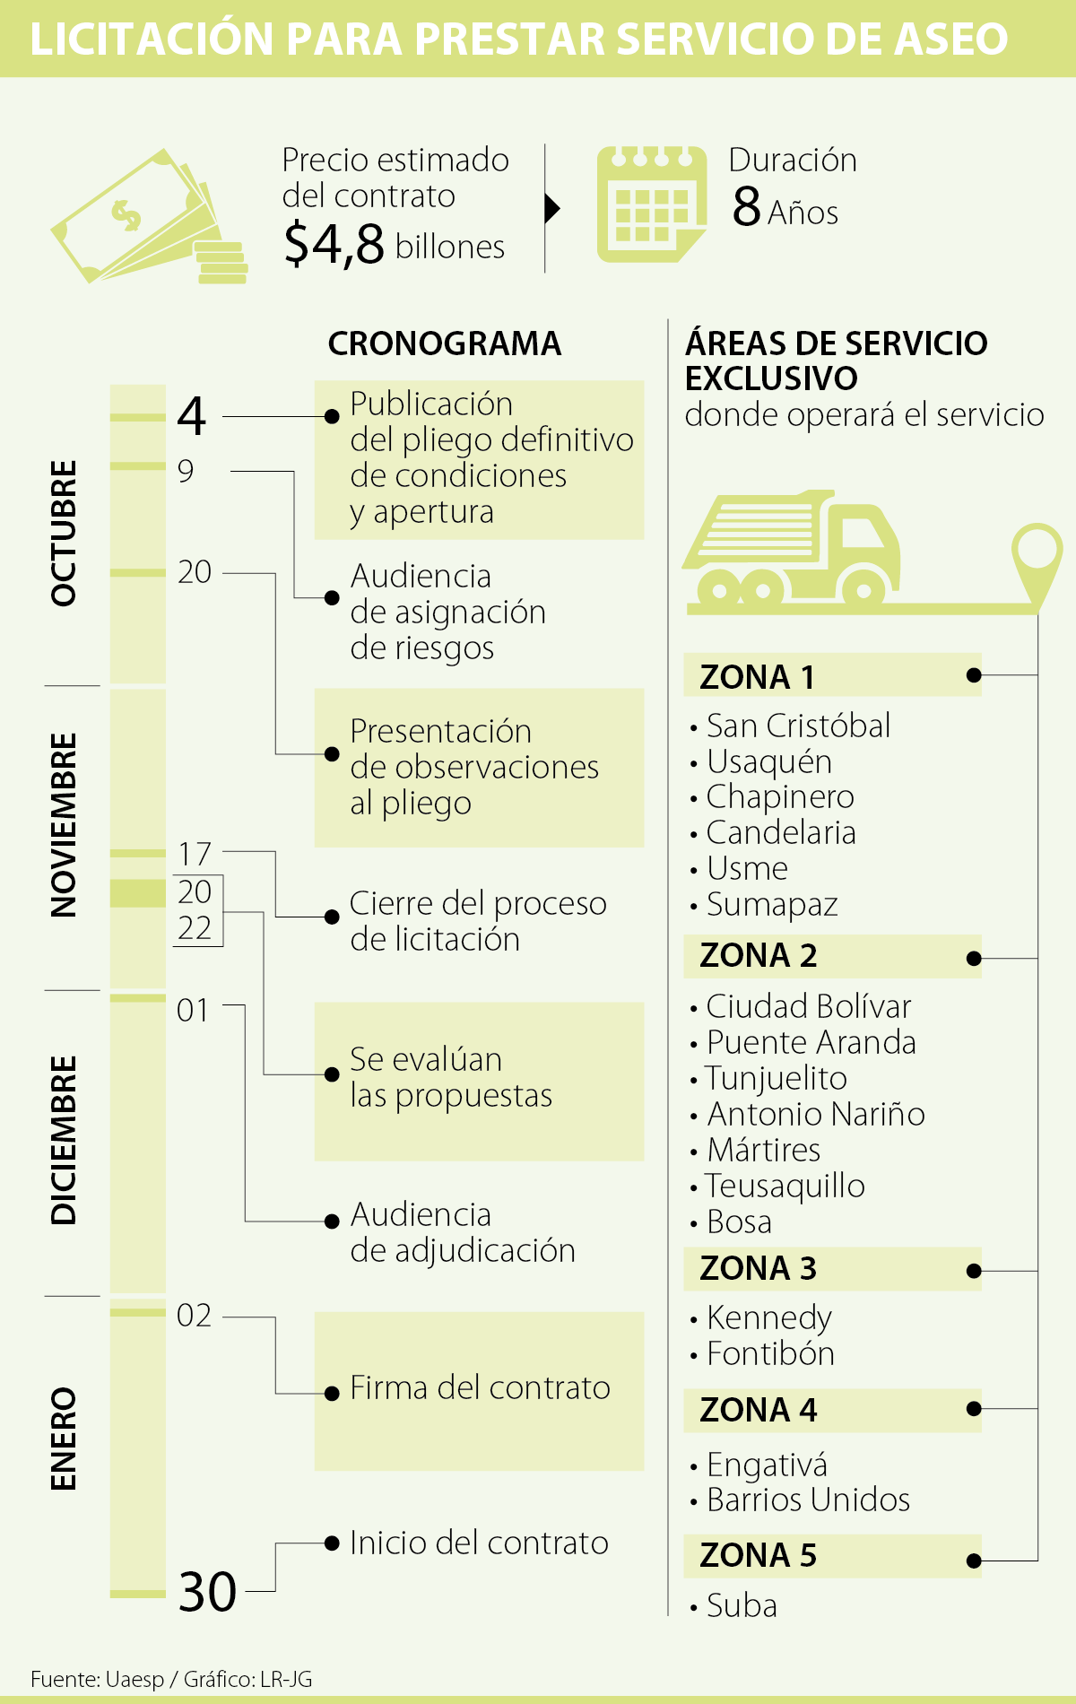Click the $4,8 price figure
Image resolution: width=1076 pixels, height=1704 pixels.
tap(334, 244)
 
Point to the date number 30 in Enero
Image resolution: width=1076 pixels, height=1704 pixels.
tap(207, 1592)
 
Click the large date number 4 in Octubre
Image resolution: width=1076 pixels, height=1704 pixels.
tap(192, 416)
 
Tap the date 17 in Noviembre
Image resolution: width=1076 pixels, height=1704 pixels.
tap(195, 854)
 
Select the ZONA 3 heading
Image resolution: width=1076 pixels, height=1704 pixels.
tap(758, 1269)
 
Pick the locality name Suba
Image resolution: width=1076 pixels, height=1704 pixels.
tap(742, 1605)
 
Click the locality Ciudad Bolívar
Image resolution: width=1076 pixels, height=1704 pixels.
tap(808, 1006)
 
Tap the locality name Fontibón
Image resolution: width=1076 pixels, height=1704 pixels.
tap(770, 1353)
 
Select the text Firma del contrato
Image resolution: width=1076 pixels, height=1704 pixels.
tap(480, 1388)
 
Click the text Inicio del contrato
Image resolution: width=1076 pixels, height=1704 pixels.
tap(479, 1543)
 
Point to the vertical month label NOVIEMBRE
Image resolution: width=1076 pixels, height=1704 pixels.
tap(64, 826)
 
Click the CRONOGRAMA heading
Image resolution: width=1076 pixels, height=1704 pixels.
tap(445, 343)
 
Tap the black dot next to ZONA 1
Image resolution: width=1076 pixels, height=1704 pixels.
tap(974, 675)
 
